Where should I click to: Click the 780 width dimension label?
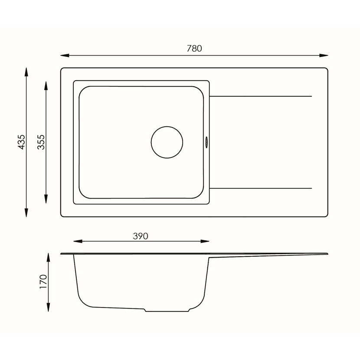click(194, 49)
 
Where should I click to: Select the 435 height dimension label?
click(21, 142)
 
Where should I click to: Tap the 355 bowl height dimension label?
click(41, 142)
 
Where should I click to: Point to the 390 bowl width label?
click(141, 236)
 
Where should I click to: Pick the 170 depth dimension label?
click(43, 281)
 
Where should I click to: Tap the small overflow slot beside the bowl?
click(206, 142)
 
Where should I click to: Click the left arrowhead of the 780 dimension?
click(65, 56)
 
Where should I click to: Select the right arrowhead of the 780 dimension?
click(324, 56)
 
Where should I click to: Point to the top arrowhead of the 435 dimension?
click(26, 72)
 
